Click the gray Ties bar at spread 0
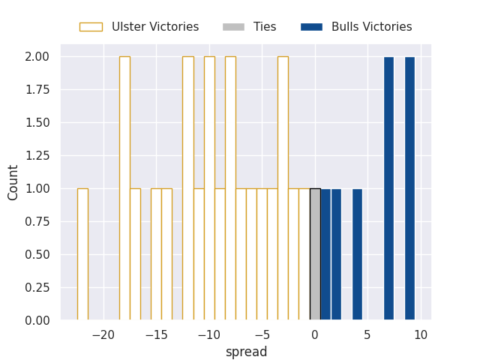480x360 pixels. tap(315, 254)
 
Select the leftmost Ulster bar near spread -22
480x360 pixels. tap(82, 254)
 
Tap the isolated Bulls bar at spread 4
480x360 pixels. tap(357, 254)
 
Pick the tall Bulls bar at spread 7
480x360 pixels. tap(388, 188)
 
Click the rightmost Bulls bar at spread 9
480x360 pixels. tap(409, 188)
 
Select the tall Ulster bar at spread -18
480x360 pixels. tap(124, 188)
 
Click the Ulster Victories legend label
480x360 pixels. tap(155, 27)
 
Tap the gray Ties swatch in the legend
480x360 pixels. tap(233, 27)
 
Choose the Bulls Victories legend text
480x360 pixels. tap(371, 27)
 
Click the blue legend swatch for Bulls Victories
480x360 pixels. tap(311, 27)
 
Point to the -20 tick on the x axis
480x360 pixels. tap(103, 334)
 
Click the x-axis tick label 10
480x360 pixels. tap(420, 334)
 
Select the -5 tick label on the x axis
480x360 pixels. tap(262, 334)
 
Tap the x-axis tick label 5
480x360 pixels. tap(367, 334)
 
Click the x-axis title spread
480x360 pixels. tap(246, 352)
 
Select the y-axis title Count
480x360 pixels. tap(13, 182)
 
